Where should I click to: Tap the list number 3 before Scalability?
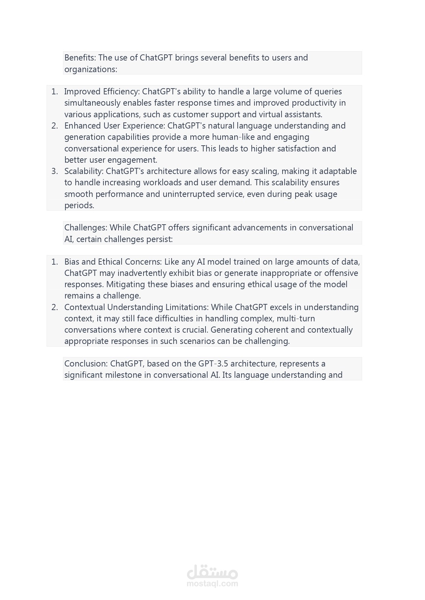point(54,171)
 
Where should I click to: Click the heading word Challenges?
point(86,228)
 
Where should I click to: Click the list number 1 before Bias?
point(54,262)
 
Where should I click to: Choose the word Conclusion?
point(86,364)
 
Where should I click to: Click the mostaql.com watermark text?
point(212,584)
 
